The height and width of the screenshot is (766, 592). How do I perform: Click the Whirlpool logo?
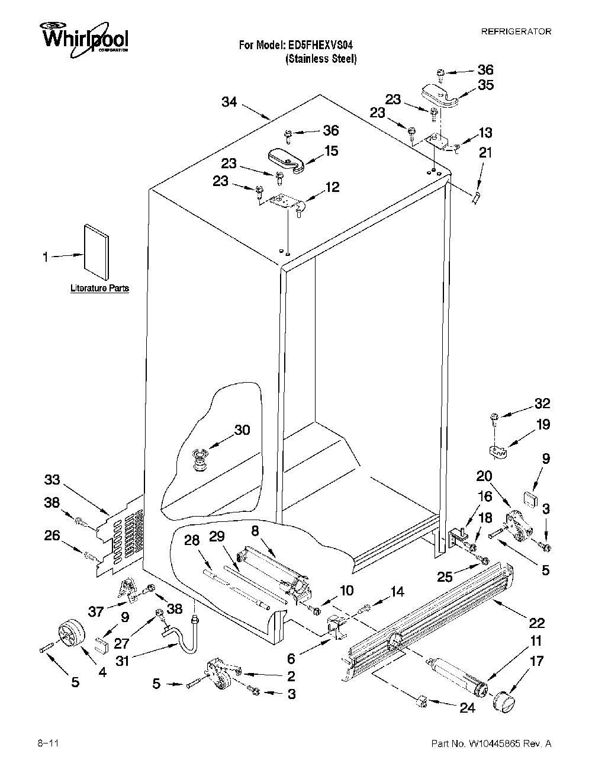pyautogui.click(x=84, y=38)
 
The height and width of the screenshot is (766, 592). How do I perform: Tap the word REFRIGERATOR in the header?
pyautogui.click(x=516, y=31)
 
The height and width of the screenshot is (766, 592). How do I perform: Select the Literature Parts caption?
pyautogui.click(x=99, y=288)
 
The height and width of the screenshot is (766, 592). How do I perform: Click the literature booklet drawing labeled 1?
pyautogui.click(x=96, y=251)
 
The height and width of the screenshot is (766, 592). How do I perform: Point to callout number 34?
pyautogui.click(x=229, y=102)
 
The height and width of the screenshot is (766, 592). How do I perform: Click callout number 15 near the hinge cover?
pyautogui.click(x=331, y=150)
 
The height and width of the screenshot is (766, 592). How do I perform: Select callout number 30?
pyautogui.click(x=242, y=430)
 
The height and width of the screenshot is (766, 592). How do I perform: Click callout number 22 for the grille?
pyautogui.click(x=537, y=623)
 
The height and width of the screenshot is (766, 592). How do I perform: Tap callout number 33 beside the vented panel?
pyautogui.click(x=52, y=479)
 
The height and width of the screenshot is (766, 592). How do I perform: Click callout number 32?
pyautogui.click(x=542, y=403)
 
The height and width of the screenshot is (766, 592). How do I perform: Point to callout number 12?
pyautogui.click(x=333, y=187)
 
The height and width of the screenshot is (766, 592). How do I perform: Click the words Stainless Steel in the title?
pyautogui.click(x=321, y=59)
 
